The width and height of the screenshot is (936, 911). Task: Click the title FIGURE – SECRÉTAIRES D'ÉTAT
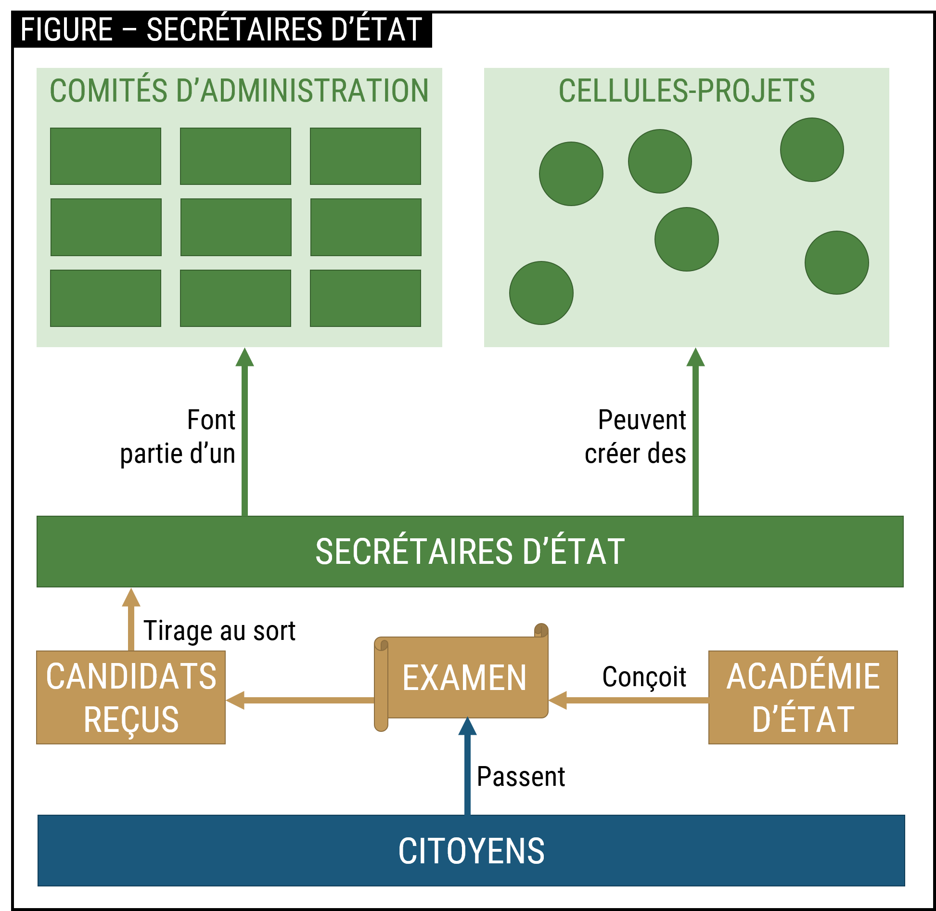tap(221, 30)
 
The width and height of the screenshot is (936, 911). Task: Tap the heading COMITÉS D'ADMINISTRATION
tap(239, 91)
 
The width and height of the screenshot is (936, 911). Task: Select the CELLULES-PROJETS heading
tap(687, 91)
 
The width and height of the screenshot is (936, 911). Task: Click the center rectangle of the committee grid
tap(236, 227)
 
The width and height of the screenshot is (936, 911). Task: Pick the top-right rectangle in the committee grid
tap(365, 156)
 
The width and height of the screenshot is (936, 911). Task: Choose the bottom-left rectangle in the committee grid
tap(105, 298)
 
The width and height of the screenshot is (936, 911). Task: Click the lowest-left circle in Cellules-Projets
tap(541, 293)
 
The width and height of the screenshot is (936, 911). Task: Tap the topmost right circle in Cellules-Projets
tap(812, 150)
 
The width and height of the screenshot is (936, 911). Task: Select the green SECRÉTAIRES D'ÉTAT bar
tap(470, 551)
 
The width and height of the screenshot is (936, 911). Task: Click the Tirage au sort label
tap(219, 630)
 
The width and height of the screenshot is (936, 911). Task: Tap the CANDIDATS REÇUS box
tap(131, 697)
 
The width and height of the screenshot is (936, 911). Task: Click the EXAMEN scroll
tap(464, 678)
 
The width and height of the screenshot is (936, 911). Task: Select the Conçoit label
tap(642, 677)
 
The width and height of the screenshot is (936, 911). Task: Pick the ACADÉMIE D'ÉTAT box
tap(803, 697)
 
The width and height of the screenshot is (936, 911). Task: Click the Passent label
tap(521, 776)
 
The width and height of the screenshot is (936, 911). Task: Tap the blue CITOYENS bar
tap(471, 850)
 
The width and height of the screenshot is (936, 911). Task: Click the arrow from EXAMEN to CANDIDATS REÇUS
tap(303, 700)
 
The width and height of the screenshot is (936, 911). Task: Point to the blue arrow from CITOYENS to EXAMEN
tap(467, 770)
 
